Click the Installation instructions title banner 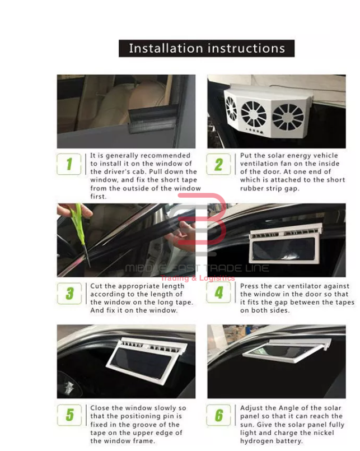click(207, 48)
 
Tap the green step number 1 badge click(69, 164)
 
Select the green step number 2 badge click(218, 164)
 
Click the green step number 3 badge click(69, 294)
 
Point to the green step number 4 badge click(218, 292)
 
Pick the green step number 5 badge click(69, 415)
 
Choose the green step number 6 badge click(218, 415)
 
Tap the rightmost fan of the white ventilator click(288, 117)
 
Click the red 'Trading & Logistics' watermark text click(198, 278)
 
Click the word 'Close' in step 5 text click(100, 408)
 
